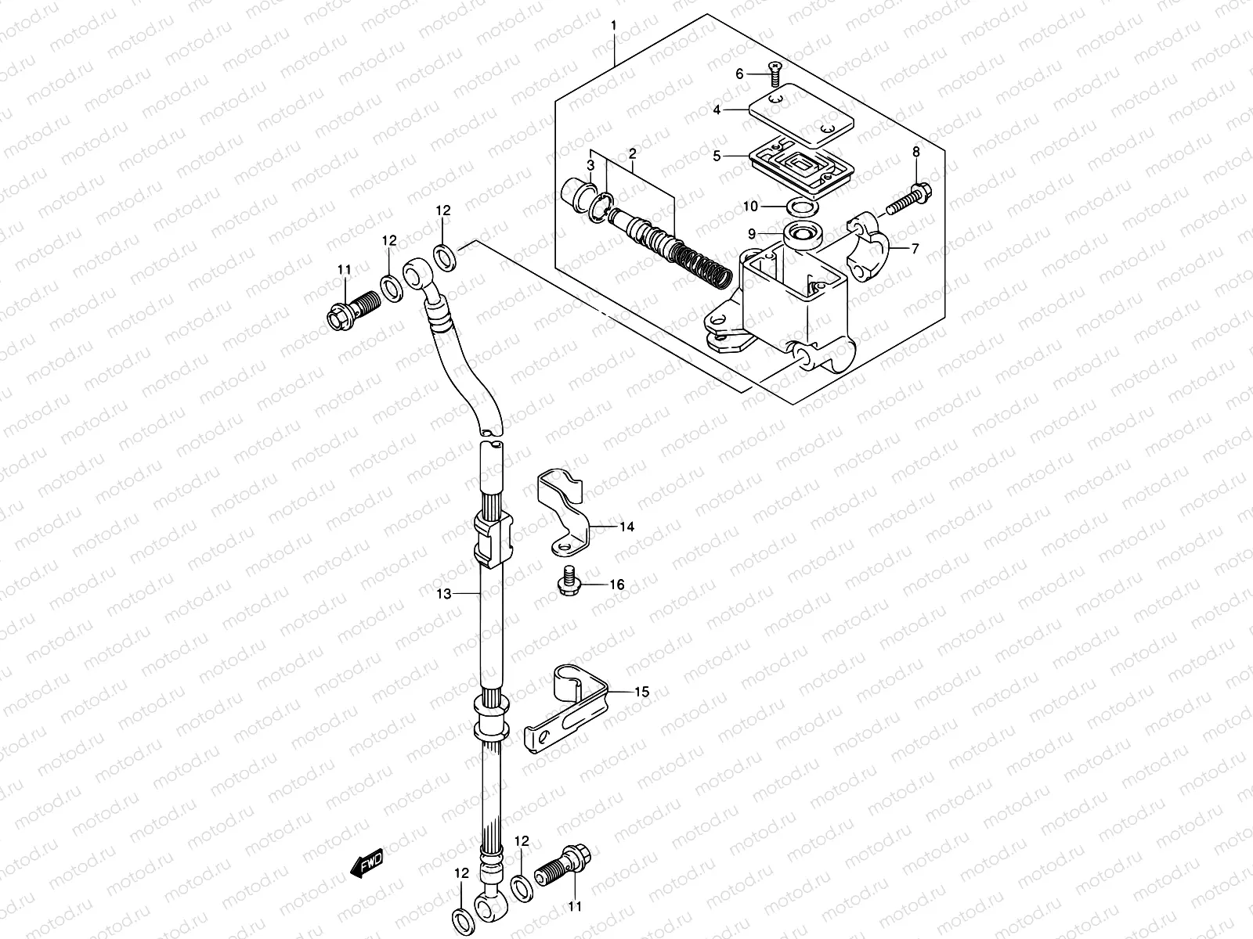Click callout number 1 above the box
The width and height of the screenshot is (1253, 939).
coord(614,25)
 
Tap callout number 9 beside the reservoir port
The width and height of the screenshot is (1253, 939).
coord(752,233)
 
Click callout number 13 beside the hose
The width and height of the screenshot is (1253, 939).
coord(444,594)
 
